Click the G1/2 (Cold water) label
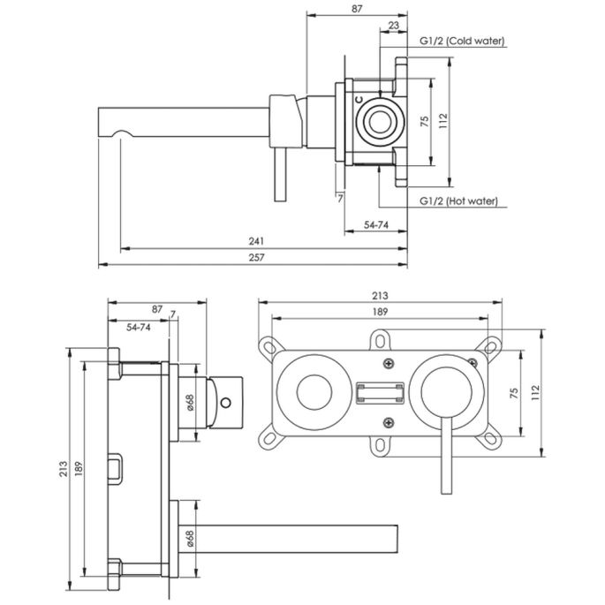458,42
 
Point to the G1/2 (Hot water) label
458,201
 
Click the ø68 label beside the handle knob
190,403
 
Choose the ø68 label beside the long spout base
190,537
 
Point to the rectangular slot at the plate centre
381,393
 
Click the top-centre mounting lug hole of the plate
381,338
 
